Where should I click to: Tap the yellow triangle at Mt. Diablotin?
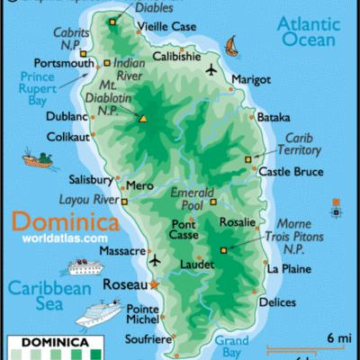pyautogui.click(x=144, y=117)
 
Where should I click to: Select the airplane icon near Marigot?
pyautogui.click(x=211, y=70)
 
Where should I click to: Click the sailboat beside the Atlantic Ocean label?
pyautogui.click(x=231, y=44)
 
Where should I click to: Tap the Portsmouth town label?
pyautogui.click(x=64, y=64)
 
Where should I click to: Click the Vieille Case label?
pyautogui.click(x=170, y=27)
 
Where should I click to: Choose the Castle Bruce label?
pyautogui.click(x=290, y=170)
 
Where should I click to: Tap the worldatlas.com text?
pyautogui.click(x=64, y=238)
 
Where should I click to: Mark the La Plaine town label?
pyautogui.click(x=288, y=268)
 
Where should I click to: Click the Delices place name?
pyautogui.click(x=276, y=302)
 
